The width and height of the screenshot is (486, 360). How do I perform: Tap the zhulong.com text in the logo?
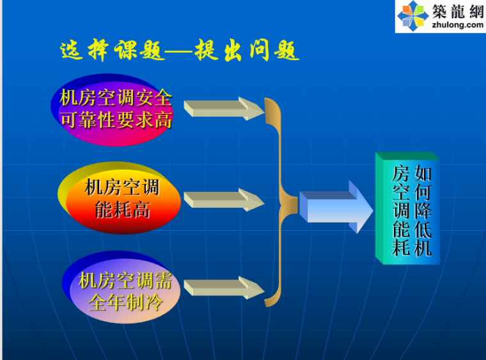(x=458, y=25)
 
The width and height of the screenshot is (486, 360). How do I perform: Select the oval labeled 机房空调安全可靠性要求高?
(x=115, y=108)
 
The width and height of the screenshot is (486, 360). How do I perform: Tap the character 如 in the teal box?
(x=422, y=174)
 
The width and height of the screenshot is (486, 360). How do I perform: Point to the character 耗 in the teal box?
(x=401, y=247)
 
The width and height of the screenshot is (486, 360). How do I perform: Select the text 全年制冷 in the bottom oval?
(x=124, y=302)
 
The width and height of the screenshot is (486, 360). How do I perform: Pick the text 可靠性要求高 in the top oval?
(x=116, y=120)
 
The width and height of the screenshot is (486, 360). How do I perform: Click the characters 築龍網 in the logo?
(x=458, y=11)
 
